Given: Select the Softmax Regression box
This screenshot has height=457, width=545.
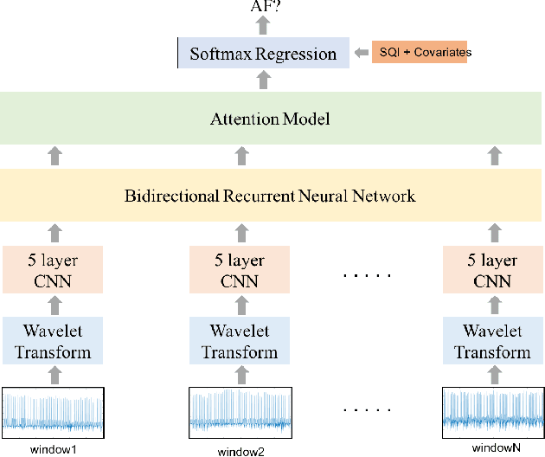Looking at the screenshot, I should [263, 54].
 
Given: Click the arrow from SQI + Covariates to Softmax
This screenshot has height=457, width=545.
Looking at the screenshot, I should [361, 53].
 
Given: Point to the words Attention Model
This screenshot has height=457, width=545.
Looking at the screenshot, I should [270, 119].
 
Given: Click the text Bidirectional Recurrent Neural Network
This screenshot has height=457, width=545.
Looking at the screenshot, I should [270, 196].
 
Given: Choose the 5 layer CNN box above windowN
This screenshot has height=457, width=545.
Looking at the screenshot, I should [491, 269].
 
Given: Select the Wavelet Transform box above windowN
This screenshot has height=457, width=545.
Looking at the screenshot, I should [491, 341].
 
